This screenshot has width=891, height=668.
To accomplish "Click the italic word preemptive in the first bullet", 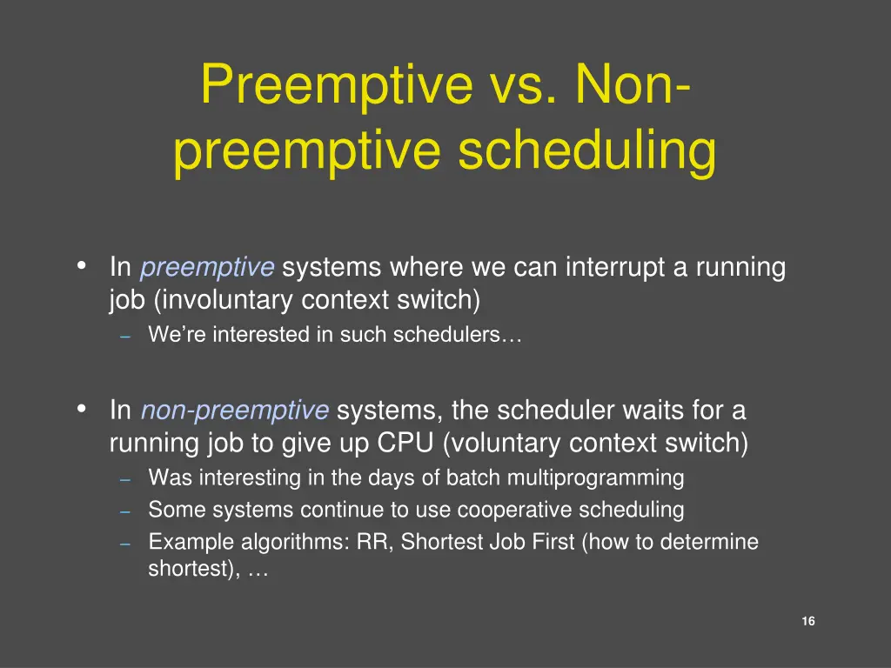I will click(207, 267).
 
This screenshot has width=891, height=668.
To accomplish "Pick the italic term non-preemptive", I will click(234, 410).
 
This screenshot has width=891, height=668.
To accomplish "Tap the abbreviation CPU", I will click(405, 443).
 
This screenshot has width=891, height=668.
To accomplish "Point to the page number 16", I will click(808, 621).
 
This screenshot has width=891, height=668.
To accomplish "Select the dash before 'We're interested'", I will click(125, 337).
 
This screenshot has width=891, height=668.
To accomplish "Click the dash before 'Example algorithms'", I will click(125, 544).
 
